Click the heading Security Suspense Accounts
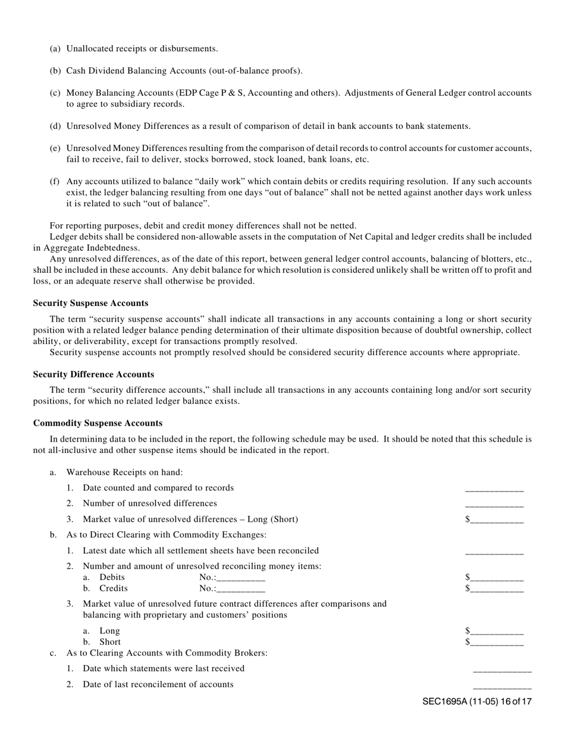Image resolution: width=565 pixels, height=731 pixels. click(x=90, y=303)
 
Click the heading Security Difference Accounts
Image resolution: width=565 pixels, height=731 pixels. click(x=93, y=374)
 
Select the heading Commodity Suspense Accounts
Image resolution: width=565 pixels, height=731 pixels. click(x=98, y=423)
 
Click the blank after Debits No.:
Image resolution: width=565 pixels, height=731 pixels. click(x=241, y=578)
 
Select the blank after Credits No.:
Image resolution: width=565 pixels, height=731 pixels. click(x=241, y=590)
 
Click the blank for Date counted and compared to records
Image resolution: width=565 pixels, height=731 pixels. click(x=494, y=489)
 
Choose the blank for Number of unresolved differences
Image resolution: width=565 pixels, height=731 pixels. click(x=494, y=505)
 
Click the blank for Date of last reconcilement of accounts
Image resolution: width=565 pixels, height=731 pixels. click(x=502, y=686)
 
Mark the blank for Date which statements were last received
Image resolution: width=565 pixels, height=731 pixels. click(x=502, y=670)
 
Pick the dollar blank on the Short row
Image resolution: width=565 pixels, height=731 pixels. click(x=497, y=643)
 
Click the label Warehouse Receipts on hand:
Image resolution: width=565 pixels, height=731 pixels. click(x=124, y=472)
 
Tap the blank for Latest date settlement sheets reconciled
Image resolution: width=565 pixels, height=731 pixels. click(x=494, y=552)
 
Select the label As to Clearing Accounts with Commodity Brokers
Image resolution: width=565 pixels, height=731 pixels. click(x=167, y=653)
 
